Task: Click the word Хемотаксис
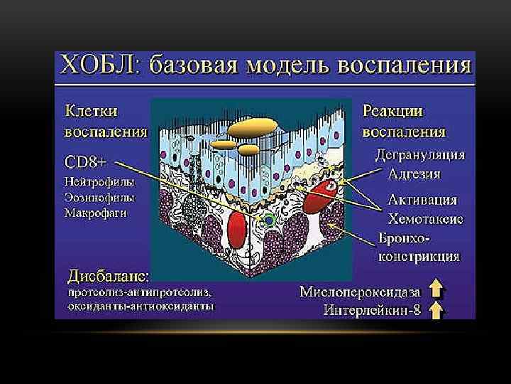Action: pos(425,218)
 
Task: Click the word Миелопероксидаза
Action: pos(360,292)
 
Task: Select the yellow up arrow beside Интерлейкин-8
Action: pos(436,309)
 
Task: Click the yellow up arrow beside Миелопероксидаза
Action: pos(436,289)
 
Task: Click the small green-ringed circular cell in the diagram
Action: pos(269,221)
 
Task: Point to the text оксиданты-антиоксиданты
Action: pos(141,306)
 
